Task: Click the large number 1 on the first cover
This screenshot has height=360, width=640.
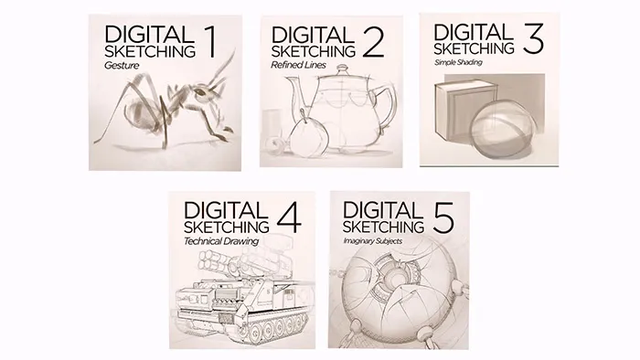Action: point(210,42)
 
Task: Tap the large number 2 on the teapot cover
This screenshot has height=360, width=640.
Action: point(373,42)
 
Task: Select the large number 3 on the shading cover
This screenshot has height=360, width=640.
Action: point(533,38)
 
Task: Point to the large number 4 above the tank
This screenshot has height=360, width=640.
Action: point(289,217)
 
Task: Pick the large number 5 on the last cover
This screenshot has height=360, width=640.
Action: point(443,217)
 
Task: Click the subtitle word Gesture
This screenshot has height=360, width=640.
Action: point(122,65)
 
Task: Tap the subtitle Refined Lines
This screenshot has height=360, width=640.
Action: point(298,65)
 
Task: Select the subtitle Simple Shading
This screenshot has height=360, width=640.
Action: point(458,62)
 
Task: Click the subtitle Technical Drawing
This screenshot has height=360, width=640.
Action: point(221,241)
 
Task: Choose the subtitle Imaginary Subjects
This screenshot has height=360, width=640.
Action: point(373,241)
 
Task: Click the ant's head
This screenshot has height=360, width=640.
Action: point(202,92)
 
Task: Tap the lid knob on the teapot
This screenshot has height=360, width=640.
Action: point(342,69)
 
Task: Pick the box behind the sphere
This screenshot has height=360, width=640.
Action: point(459,110)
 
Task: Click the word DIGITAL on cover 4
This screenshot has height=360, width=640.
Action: point(226,210)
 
